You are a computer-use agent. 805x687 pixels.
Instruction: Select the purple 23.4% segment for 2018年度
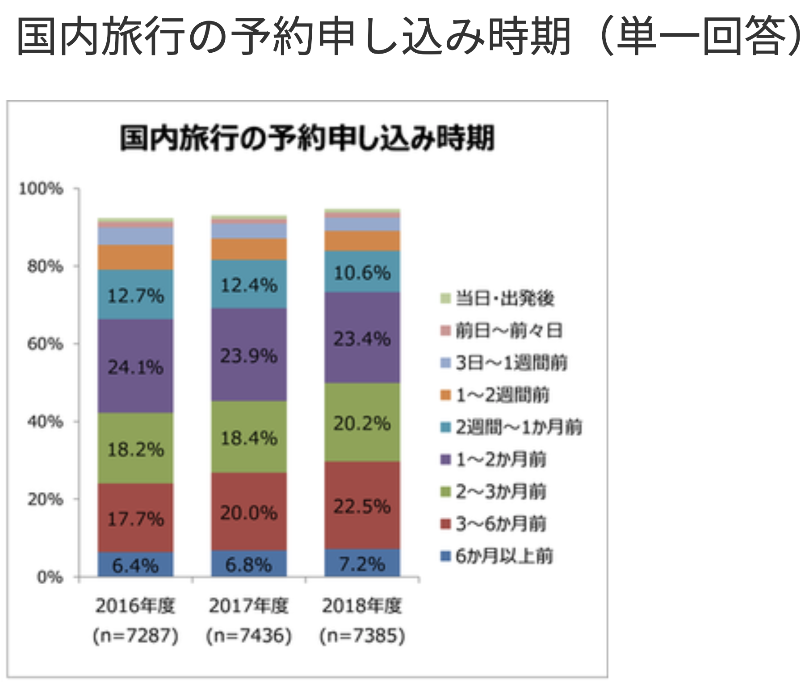click(x=362, y=338)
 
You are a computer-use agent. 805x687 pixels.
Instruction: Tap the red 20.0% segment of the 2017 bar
click(x=249, y=512)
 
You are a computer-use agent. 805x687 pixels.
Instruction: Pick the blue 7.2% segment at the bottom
click(x=362, y=564)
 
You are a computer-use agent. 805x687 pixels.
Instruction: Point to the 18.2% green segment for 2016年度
click(x=136, y=449)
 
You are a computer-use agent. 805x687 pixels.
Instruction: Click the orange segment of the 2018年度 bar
click(x=362, y=241)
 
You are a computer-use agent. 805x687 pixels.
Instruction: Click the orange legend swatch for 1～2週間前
click(x=445, y=395)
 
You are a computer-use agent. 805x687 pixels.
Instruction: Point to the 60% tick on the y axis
click(x=45, y=344)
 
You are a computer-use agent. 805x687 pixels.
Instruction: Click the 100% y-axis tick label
click(x=41, y=189)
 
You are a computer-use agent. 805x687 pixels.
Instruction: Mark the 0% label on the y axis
click(x=50, y=577)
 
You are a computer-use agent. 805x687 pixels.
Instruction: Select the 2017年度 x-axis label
click(x=249, y=606)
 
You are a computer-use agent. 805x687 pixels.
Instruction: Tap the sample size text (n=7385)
click(x=362, y=635)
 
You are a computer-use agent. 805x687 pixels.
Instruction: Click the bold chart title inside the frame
click(x=307, y=138)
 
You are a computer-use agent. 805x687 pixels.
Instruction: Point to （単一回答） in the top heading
click(x=701, y=36)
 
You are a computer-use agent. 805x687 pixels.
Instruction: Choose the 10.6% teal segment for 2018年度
click(x=362, y=272)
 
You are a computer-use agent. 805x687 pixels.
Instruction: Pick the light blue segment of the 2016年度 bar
click(x=136, y=236)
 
